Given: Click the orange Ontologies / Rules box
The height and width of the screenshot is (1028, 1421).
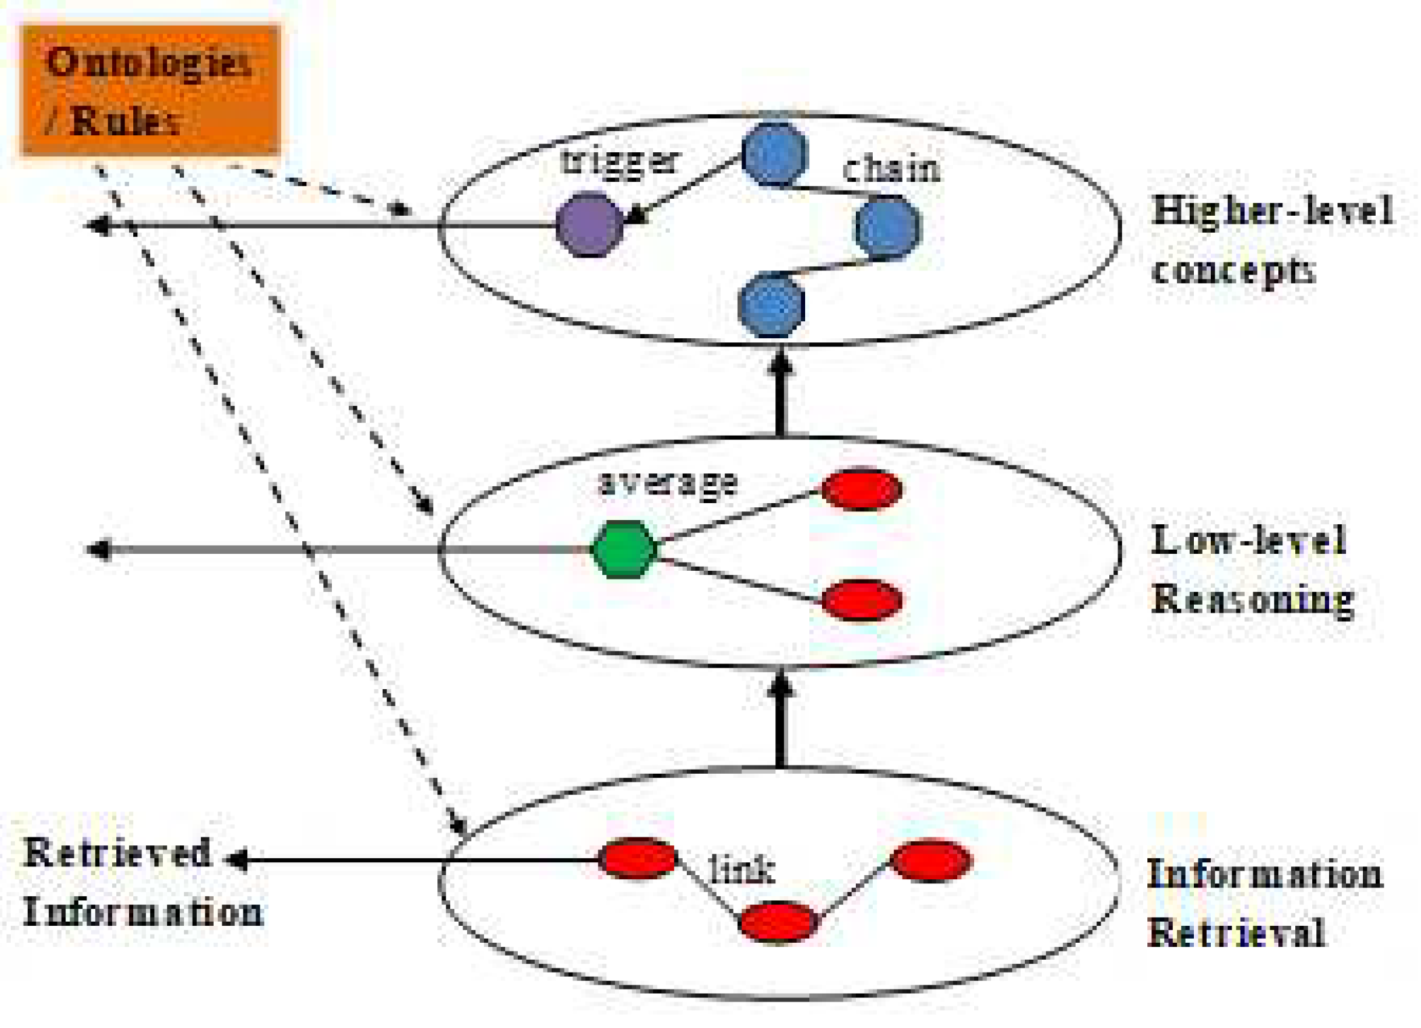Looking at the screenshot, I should [150, 90].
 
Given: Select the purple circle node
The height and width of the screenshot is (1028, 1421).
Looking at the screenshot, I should [589, 225].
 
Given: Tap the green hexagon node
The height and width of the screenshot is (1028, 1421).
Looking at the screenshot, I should [624, 548].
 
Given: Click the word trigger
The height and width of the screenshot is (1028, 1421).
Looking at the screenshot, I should [619, 162].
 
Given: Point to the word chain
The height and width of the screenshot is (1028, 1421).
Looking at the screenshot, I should [891, 169].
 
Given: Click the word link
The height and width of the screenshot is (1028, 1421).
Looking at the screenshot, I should [741, 869].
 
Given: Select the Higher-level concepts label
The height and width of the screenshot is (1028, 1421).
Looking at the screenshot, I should [1271, 240].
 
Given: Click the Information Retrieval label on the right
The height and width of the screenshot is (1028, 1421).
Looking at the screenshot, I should [1264, 903].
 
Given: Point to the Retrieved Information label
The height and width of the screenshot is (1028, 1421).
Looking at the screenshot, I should [142, 883].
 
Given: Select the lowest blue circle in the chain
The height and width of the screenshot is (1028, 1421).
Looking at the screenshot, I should [771, 304].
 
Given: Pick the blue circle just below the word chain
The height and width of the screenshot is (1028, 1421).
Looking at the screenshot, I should [887, 227].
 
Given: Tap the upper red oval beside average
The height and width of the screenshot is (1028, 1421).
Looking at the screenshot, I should [862, 488].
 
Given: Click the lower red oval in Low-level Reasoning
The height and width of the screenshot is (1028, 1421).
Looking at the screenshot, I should [862, 599].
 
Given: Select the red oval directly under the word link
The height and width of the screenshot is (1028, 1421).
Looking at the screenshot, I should [777, 921].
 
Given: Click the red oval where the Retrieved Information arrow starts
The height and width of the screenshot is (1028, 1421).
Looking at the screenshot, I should [637, 858].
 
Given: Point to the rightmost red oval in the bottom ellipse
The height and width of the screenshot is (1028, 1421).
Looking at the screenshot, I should [931, 860].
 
